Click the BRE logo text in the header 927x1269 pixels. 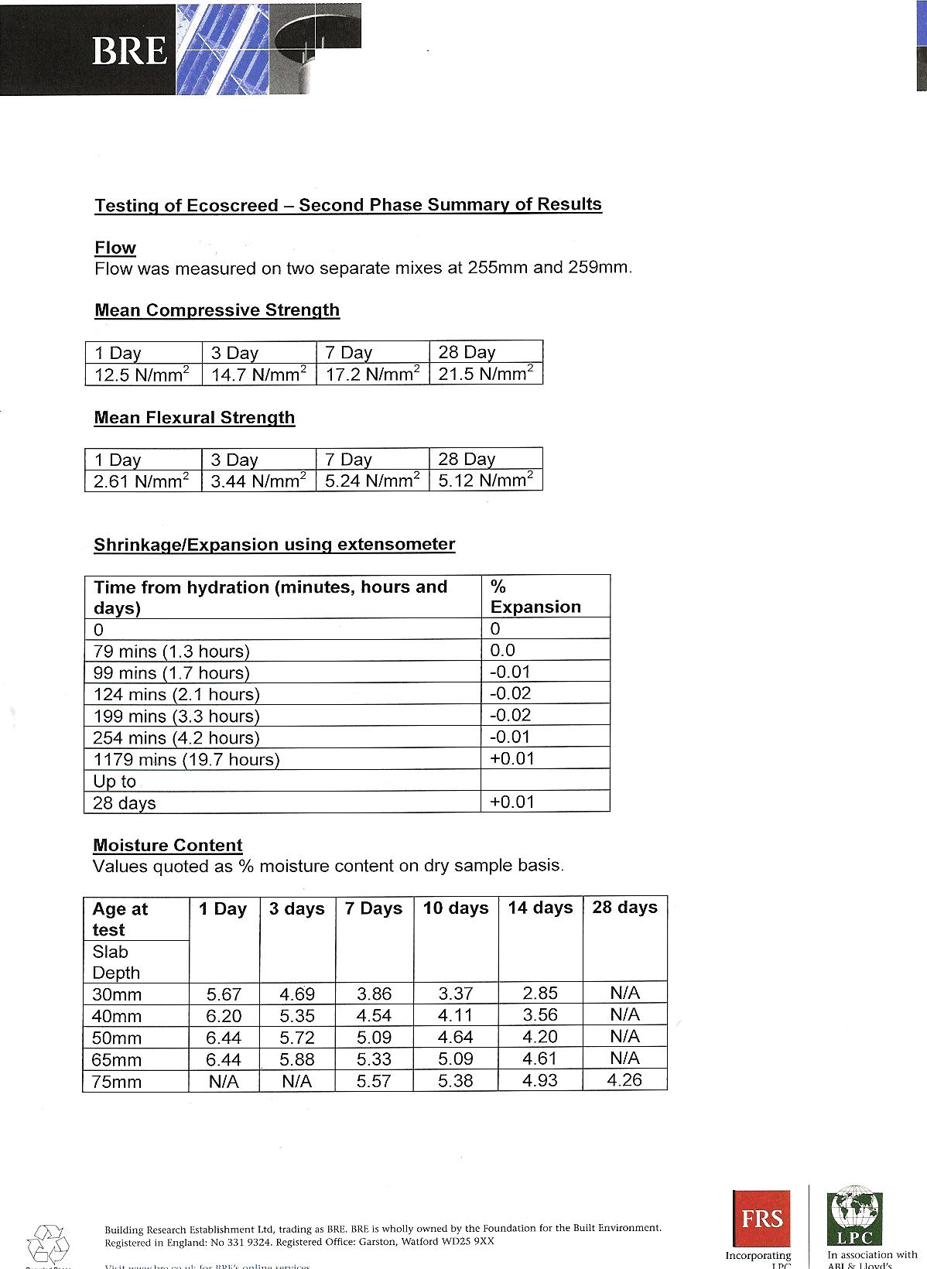pos(129,52)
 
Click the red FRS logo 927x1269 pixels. pos(761,1219)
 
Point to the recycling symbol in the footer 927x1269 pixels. pos(48,1244)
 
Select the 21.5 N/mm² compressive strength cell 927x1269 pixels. pos(486,375)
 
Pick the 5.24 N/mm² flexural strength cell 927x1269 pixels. pos(372,481)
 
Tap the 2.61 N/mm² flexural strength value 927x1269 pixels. pos(142,481)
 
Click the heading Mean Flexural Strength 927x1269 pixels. pos(194,418)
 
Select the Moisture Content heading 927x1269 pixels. pos(168,845)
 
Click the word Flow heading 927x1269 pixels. pos(115,248)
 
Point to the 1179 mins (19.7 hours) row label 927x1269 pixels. pos(186,760)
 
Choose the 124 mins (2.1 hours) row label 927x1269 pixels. pos(176,695)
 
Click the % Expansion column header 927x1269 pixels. pos(535,597)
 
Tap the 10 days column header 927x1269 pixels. pos(456,908)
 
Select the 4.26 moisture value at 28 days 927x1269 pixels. pos(624,1080)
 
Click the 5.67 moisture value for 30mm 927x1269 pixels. pos(224,994)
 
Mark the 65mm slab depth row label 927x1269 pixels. pos(117,1059)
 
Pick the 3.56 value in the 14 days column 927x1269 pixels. pos(540,1015)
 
